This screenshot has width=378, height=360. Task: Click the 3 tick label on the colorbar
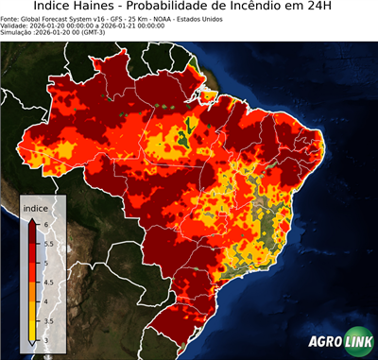coord(45,338)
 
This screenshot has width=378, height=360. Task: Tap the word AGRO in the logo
coord(326,341)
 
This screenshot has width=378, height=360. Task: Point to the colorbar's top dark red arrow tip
coord(32,219)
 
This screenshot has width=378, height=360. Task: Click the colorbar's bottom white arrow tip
coord(32,343)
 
